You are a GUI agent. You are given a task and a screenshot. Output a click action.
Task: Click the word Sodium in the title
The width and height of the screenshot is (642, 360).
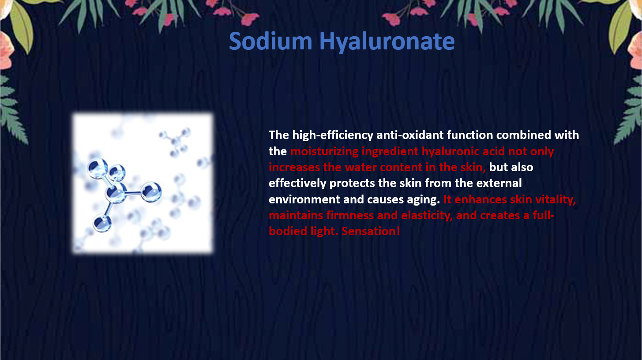270,41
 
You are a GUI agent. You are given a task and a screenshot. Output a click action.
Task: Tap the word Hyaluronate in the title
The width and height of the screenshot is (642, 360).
387,42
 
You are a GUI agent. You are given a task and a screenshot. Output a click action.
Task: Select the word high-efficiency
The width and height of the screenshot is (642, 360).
333,135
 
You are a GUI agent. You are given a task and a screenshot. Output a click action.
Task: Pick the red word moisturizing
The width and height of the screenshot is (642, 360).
324,151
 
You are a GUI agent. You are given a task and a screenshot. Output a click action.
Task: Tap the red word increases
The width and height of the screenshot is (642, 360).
294,167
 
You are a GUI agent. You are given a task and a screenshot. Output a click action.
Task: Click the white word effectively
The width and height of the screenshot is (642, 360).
297,183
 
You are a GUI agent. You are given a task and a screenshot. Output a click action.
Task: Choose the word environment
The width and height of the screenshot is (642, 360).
304,199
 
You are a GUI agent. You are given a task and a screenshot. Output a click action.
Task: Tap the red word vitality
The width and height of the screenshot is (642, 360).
556,199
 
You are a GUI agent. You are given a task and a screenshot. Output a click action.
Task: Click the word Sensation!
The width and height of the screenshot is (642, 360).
371,231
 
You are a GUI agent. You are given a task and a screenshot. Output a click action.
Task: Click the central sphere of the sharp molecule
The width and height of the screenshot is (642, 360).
116,193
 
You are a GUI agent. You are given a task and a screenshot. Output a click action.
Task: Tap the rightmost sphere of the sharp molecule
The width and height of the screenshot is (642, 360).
151,192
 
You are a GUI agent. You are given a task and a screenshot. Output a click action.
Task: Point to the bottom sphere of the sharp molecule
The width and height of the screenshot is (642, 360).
102,223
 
